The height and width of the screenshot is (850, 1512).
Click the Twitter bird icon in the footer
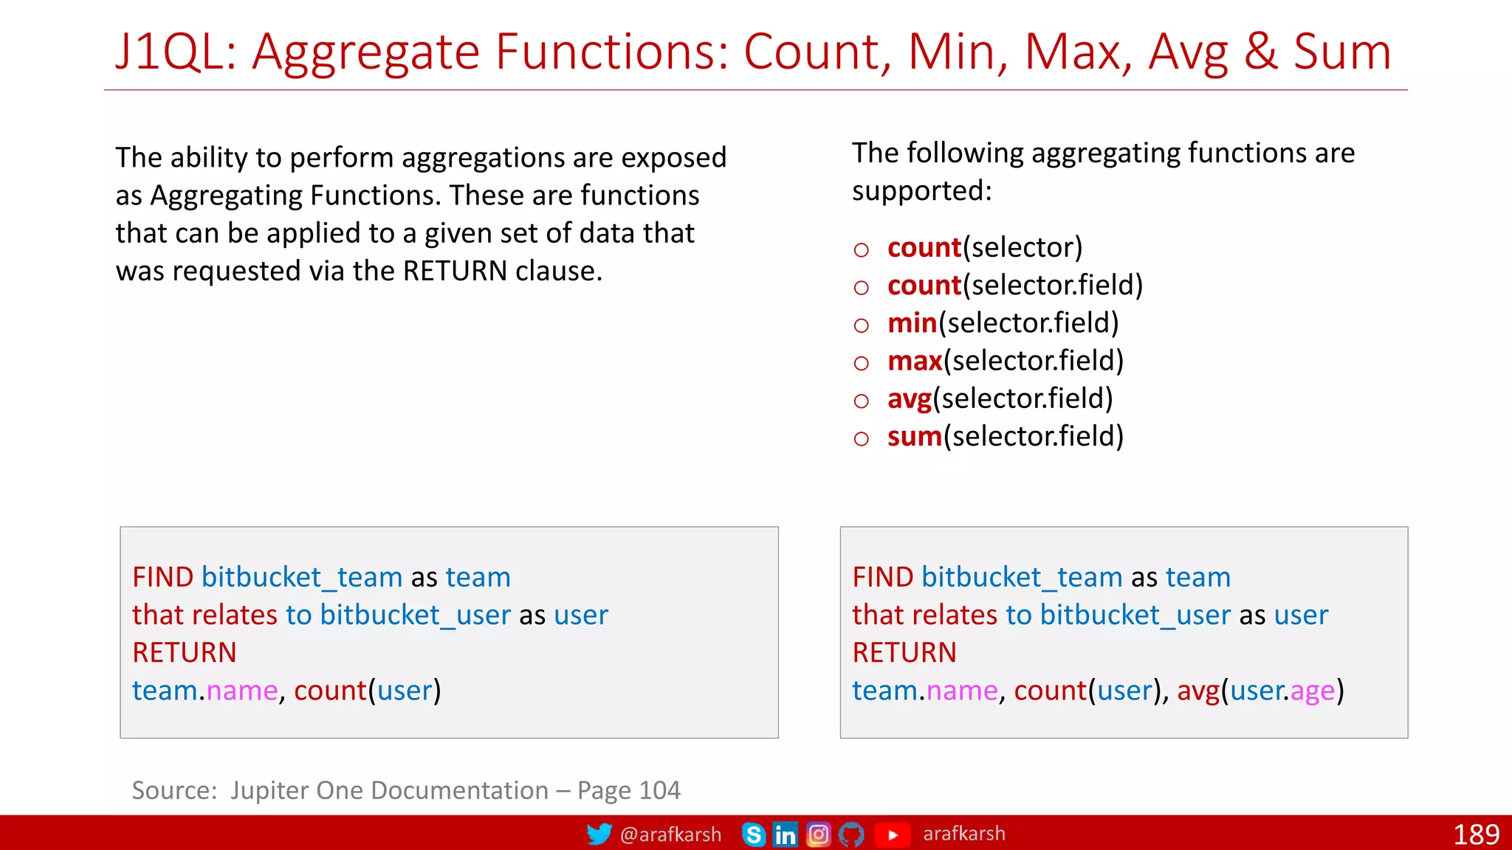pyautogui.click(x=599, y=834)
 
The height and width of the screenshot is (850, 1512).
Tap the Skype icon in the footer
pyautogui.click(x=753, y=835)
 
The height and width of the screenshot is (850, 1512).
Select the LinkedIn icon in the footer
pyautogui.click(x=785, y=835)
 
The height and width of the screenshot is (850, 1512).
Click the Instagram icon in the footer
pyautogui.click(x=818, y=835)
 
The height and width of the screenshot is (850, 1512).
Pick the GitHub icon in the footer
pyautogui.click(x=851, y=835)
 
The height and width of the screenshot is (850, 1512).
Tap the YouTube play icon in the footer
pyautogui.click(x=893, y=835)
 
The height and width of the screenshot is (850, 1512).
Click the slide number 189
pyautogui.click(x=1476, y=835)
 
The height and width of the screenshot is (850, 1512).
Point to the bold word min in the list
pyautogui.click(x=912, y=323)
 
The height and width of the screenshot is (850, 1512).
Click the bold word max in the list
pyautogui.click(x=915, y=361)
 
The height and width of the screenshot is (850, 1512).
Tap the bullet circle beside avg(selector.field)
pyautogui.click(x=861, y=401)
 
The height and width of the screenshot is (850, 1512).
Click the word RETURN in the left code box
pyautogui.click(x=185, y=653)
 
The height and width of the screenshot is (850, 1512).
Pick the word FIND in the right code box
pyautogui.click(x=883, y=577)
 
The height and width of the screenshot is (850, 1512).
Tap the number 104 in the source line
pyautogui.click(x=659, y=790)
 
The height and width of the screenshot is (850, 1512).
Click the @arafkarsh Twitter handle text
pyautogui.click(x=670, y=835)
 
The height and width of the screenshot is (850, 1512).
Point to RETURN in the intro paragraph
pyautogui.click(x=455, y=272)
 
